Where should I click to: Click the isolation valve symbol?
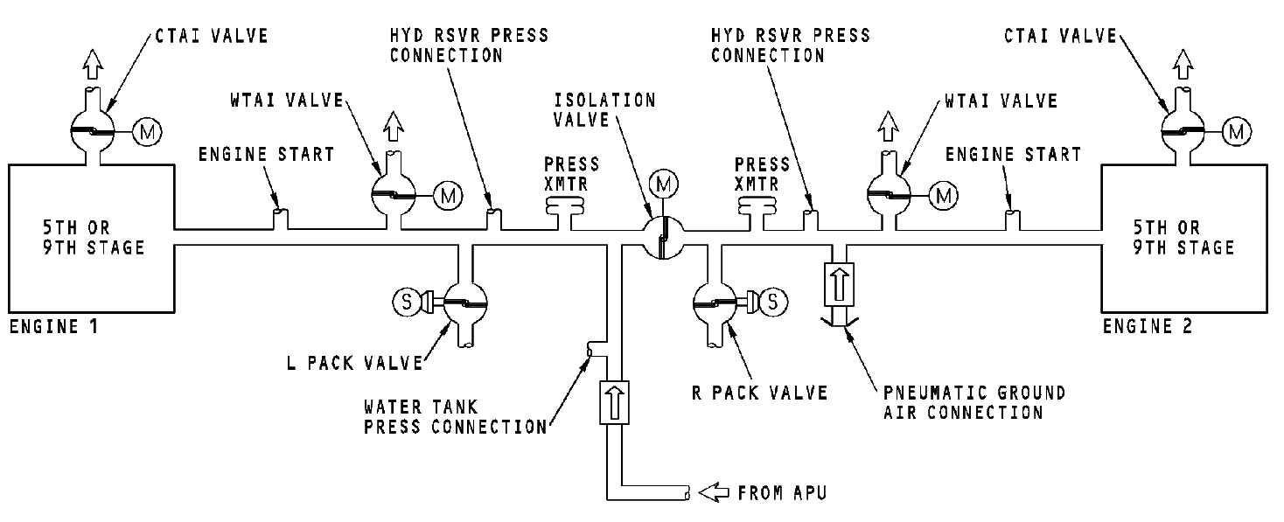[662, 237]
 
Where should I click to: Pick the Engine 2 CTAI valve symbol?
[1183, 131]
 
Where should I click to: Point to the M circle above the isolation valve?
[662, 184]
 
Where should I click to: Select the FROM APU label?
[781, 493]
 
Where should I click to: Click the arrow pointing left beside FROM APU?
[714, 493]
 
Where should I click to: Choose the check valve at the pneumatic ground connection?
[837, 285]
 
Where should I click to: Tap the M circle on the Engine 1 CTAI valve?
[145, 132]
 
